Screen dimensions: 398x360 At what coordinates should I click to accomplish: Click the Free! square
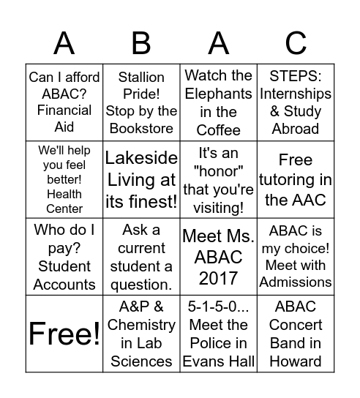click(x=64, y=334)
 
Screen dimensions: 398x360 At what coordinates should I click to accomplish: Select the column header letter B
click(x=141, y=44)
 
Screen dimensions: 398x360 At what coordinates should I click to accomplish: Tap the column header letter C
click(x=296, y=44)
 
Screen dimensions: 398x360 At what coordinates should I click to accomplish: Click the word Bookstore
click(x=141, y=129)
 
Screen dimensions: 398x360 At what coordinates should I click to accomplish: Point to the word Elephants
click(x=218, y=94)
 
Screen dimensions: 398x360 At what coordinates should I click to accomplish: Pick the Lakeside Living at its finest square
click(x=141, y=180)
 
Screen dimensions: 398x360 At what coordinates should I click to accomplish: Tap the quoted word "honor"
click(x=218, y=172)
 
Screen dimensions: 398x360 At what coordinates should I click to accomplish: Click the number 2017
click(x=218, y=278)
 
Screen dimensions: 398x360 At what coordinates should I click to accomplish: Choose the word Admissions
click(x=296, y=282)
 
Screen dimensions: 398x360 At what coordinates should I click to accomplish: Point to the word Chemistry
click(x=141, y=325)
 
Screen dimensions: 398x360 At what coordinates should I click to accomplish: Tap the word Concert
click(x=296, y=325)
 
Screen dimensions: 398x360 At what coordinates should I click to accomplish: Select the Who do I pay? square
click(x=64, y=257)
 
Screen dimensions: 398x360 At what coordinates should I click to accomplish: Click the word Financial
click(x=64, y=110)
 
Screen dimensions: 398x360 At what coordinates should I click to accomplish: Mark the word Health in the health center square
click(x=64, y=194)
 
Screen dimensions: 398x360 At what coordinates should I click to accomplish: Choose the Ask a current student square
click(x=141, y=257)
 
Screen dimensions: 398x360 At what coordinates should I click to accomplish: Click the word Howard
click(x=296, y=361)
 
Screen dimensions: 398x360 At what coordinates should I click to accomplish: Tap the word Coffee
click(x=218, y=130)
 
